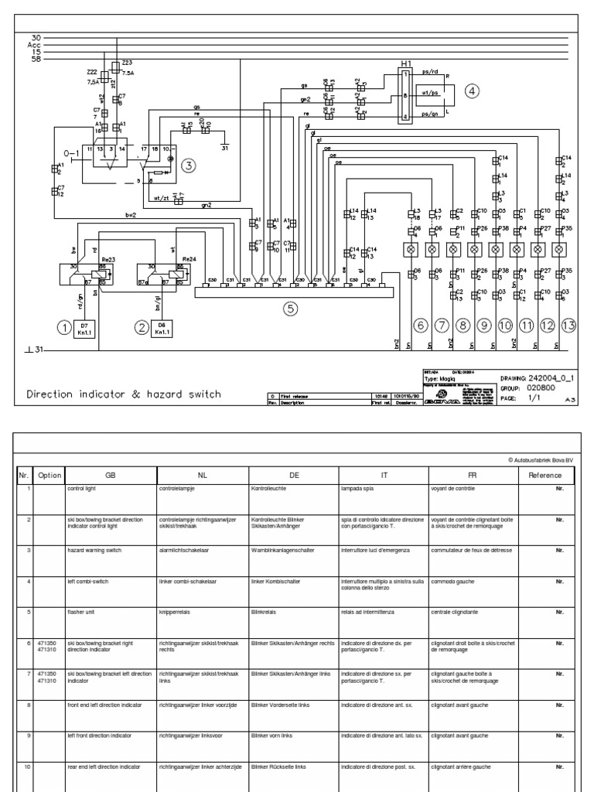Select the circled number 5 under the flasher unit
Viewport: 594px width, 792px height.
coord(290,309)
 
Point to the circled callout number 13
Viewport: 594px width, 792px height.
coord(568,326)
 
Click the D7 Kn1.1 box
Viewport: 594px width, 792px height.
coord(84,328)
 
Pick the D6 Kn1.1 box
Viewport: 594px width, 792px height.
coord(162,328)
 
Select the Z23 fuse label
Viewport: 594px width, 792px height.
coord(128,63)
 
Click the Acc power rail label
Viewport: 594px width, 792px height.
coord(36,44)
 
